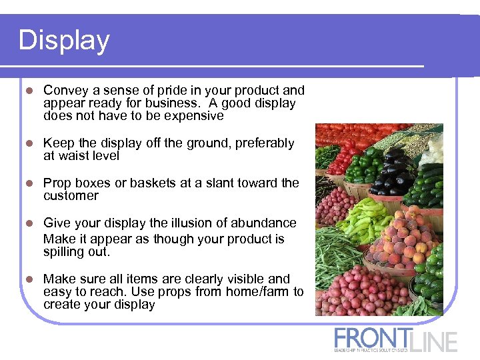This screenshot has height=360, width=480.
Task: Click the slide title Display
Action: point(64,41)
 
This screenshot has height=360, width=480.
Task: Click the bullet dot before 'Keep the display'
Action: point(27,143)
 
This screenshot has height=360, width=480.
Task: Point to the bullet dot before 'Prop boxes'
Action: point(27,183)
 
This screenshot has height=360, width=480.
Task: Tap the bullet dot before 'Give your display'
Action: point(27,223)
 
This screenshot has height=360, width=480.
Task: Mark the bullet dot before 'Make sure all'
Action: point(27,279)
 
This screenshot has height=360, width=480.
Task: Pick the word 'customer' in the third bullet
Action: point(71,196)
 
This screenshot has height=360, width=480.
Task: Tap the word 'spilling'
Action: point(65,253)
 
